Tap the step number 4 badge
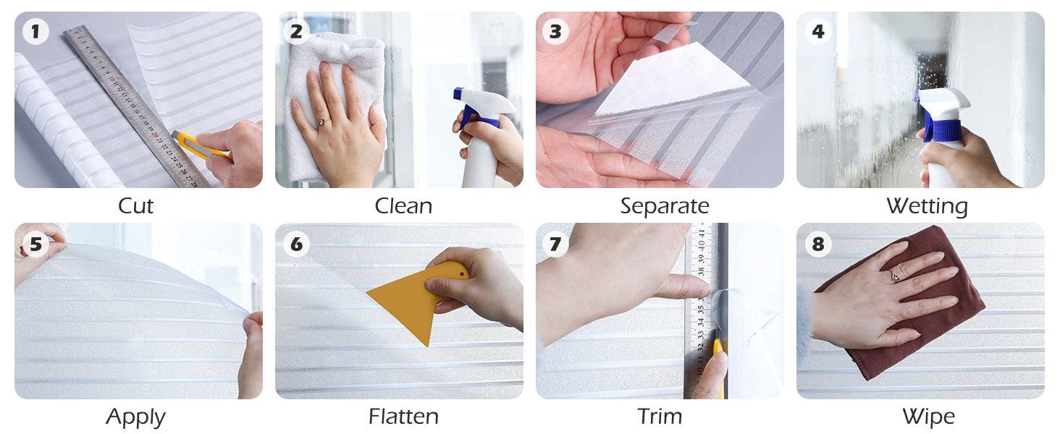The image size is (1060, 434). tap(817, 32)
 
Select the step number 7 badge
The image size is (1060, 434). tap(556, 244)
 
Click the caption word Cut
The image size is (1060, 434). tap(136, 206)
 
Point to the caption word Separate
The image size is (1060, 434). tap(665, 206)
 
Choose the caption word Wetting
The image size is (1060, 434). tap(927, 206)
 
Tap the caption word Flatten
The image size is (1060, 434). tap(403, 417)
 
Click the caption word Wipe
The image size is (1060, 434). tap(928, 417)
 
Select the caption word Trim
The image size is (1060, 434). tap(660, 417)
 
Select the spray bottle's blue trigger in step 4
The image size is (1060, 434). tap(934, 123)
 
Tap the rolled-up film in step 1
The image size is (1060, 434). tap(62, 123)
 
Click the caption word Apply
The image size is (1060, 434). tap(136, 417)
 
